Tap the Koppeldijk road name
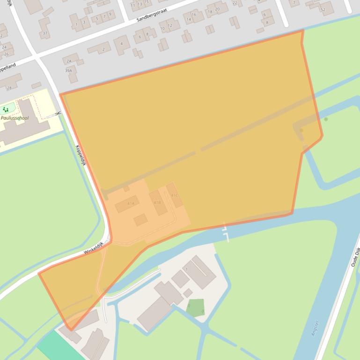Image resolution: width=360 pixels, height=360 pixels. [x=81, y=155]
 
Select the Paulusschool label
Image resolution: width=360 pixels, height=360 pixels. [x=15, y=118]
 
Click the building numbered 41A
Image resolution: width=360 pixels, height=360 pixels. [x=131, y=204]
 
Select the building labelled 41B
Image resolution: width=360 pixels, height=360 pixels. [x=157, y=202]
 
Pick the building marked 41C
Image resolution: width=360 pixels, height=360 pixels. [x=174, y=195]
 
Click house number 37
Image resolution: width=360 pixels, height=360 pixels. [x=45, y=33]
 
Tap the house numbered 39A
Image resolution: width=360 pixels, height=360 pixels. [x=69, y=71]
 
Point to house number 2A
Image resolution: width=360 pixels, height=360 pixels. [x=69, y=61]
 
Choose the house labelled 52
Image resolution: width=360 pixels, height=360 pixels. [x=323, y=9]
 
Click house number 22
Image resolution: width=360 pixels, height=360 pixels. [x=235, y=3]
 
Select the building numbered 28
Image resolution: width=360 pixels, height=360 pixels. [x=9, y=88]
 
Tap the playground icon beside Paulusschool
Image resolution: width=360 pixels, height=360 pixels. [x=6, y=110]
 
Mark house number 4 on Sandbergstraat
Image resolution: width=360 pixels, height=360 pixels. [x=122, y=44]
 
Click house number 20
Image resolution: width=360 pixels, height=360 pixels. [x=218, y=9]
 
